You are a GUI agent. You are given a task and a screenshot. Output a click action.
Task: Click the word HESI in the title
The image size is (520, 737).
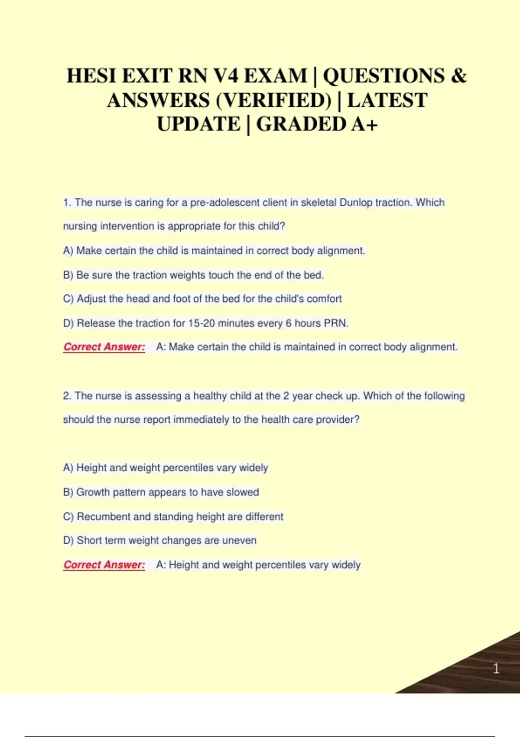(91, 76)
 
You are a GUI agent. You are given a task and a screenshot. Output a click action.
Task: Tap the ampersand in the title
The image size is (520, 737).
(459, 76)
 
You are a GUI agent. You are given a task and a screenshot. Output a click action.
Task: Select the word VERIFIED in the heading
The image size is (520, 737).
(273, 101)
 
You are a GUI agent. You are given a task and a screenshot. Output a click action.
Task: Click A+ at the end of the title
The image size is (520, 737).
(364, 124)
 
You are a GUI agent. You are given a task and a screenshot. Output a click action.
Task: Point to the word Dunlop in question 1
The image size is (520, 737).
(356, 202)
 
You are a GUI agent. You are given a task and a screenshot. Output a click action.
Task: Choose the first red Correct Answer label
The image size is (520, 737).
(104, 347)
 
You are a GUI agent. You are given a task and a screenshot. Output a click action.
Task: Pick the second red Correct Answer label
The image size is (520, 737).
(104, 565)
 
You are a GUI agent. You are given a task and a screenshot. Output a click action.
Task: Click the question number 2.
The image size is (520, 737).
(67, 396)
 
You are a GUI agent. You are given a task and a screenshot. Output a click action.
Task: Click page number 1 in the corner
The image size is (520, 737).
(496, 669)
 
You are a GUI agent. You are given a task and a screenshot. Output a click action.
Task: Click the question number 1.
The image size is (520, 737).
(67, 202)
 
